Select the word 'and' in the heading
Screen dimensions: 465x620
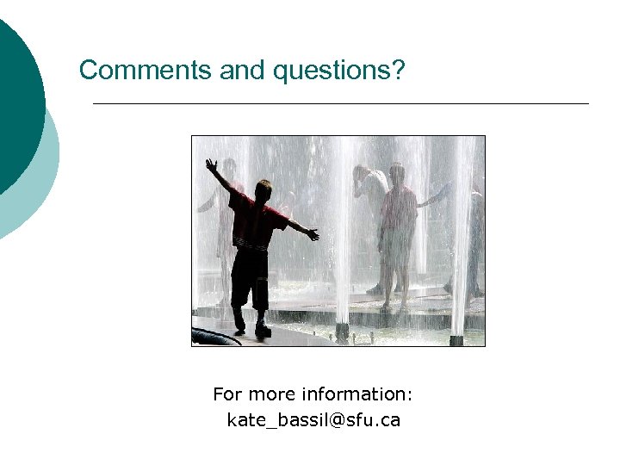coord(245,70)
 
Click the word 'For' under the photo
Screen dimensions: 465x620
coord(228,394)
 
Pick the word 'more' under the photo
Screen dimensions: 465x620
coord(272,394)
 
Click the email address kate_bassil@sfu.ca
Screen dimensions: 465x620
coord(313,421)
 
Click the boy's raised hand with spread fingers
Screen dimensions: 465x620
coord(211,164)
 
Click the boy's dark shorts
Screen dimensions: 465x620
coord(250,276)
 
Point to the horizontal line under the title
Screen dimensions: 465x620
coord(340,104)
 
